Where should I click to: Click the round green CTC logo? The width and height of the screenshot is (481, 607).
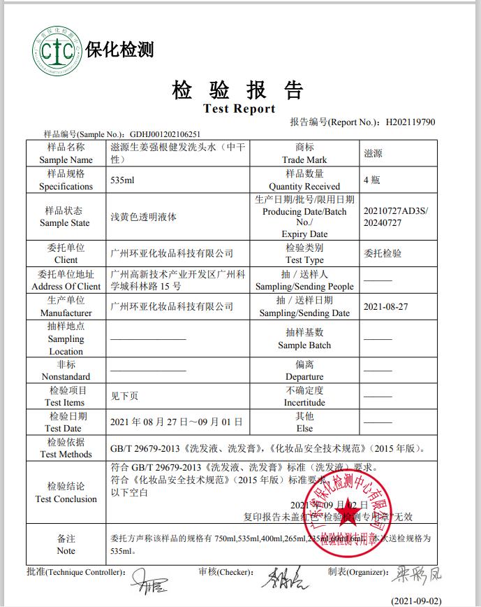(57, 49)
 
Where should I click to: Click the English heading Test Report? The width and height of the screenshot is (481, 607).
(239, 108)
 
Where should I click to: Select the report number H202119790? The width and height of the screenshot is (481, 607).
(410, 122)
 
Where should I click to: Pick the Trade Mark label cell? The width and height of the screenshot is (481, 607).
(304, 153)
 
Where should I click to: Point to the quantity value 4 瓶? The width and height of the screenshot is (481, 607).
(372, 180)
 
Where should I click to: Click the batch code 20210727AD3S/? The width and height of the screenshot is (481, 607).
(397, 210)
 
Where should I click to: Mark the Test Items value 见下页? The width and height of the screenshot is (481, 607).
(125, 396)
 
